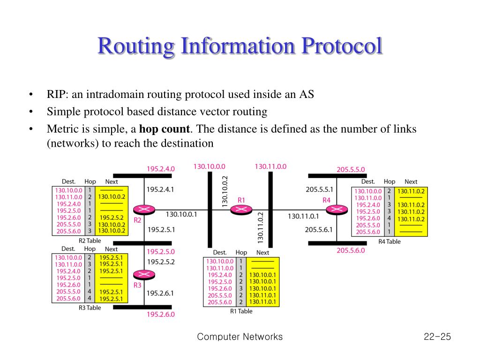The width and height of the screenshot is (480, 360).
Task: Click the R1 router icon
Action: [x=241, y=209]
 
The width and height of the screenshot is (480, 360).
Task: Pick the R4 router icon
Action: [x=336, y=209]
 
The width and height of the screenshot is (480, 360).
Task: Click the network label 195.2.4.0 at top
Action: [x=161, y=169]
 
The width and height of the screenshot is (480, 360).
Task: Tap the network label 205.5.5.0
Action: [x=351, y=170]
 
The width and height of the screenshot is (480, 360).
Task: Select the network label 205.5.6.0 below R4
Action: [x=351, y=250]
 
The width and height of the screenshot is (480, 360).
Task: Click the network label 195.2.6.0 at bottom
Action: [x=161, y=315]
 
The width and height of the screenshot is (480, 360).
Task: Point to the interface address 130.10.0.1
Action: [x=181, y=214]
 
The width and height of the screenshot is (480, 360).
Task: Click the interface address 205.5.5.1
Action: [x=319, y=190]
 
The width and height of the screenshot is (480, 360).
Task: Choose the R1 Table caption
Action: [x=241, y=311]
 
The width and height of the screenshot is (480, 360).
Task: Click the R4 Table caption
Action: [x=389, y=241]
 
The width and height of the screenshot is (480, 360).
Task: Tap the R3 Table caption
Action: [x=90, y=307]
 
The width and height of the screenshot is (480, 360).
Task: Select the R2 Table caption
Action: [x=90, y=240]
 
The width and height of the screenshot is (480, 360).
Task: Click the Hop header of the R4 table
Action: [x=389, y=181]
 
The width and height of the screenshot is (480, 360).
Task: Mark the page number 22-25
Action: [x=436, y=337]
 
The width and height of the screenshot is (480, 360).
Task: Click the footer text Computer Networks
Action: [x=240, y=337]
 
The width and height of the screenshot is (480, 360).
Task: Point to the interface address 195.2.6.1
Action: [x=160, y=293]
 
